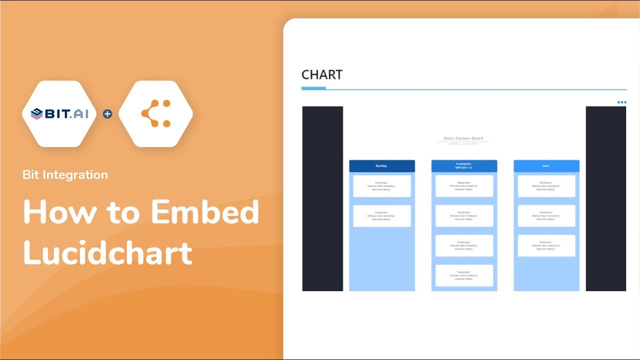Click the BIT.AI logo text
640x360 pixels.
coord(66,114)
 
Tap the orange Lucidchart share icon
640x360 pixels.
coord(156,114)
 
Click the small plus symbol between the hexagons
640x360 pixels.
coord(107,114)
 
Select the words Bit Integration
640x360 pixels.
coord(65,175)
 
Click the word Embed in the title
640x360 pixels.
coord(205,212)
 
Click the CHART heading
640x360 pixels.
coord(322,75)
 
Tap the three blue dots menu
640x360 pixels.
coord(621,102)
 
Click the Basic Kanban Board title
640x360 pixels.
coord(463,138)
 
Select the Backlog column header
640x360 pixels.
coord(381,166)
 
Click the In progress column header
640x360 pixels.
coord(464,166)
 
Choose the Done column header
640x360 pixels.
coord(546,166)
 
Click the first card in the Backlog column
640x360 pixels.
coord(381,186)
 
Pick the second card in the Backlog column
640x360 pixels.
coord(381,216)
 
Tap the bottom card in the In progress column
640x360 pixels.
coord(464,275)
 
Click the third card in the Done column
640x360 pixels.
coord(546,245)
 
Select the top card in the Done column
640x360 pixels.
coord(546,186)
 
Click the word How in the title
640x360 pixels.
coord(59,212)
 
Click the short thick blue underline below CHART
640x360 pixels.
coord(313,88)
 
